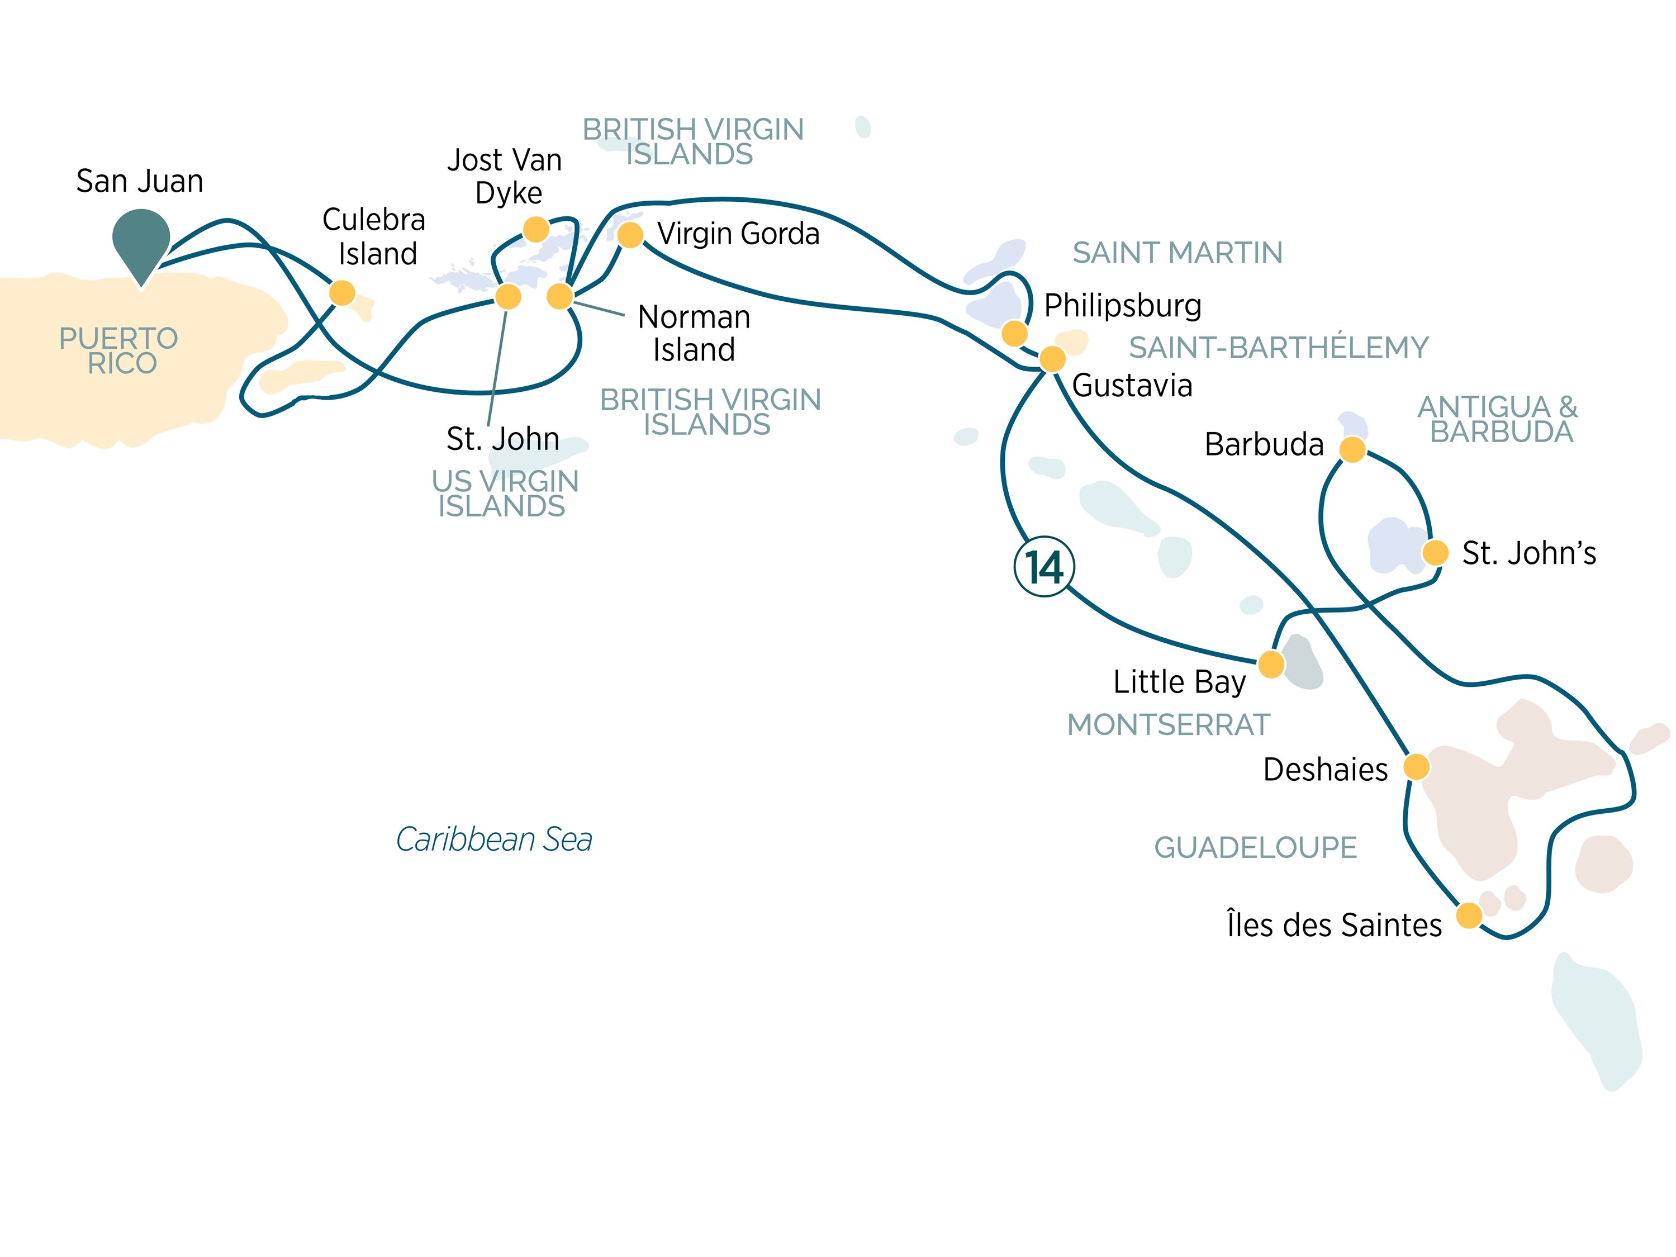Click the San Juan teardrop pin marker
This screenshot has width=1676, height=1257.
point(141,241)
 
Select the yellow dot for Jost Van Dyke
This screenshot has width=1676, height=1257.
point(536,229)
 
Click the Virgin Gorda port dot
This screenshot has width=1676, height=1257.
point(630,235)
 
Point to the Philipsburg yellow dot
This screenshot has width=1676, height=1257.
point(1014,333)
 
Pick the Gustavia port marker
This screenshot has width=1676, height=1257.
point(1052,358)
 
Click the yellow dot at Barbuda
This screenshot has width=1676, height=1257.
point(1352,449)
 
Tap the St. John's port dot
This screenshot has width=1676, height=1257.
point(1435,552)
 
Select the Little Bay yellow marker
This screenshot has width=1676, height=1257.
point(1271,665)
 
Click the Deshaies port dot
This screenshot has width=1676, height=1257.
point(1416,767)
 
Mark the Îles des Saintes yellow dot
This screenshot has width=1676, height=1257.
point(1469,916)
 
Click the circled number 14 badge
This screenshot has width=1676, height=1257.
point(1044,567)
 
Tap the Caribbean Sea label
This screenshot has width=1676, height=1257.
point(494,839)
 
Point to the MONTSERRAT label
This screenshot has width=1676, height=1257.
point(1169,725)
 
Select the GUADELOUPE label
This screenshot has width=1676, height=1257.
point(1256,847)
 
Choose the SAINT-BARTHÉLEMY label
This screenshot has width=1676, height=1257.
point(1278,347)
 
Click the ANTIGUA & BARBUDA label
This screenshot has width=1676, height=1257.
point(1498,419)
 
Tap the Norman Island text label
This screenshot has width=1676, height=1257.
point(694,333)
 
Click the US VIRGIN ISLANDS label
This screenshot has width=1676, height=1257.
point(504,494)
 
